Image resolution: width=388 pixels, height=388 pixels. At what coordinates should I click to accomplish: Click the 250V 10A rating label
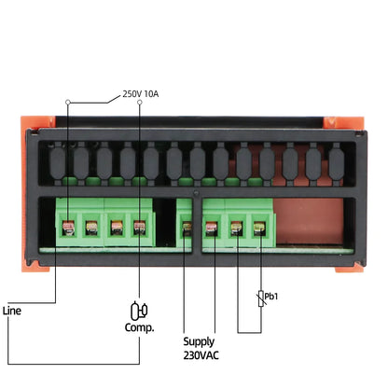pyautogui.click(x=141, y=93)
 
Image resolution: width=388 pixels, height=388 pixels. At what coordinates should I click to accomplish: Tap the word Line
pyautogui.click(x=12, y=311)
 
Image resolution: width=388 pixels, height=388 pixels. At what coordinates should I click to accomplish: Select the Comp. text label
pyautogui.click(x=139, y=327)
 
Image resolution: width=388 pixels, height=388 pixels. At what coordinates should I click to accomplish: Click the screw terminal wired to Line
pyautogui.click(x=67, y=226)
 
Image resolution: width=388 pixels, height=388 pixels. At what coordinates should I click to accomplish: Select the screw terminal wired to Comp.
pyautogui.click(x=140, y=226)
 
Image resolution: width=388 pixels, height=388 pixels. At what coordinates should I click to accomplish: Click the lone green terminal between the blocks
pyautogui.click(x=186, y=226)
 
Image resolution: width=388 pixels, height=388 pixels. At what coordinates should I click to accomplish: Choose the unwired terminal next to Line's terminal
pyautogui.click(x=91, y=226)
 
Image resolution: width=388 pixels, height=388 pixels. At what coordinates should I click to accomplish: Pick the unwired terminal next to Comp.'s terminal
pyautogui.click(x=116, y=226)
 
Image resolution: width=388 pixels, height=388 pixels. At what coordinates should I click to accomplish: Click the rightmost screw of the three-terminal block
pyautogui.click(x=259, y=226)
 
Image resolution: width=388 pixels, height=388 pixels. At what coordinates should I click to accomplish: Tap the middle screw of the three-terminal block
pyautogui.click(x=237, y=226)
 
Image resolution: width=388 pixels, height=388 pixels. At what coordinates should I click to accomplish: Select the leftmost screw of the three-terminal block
pyautogui.click(x=212, y=226)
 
